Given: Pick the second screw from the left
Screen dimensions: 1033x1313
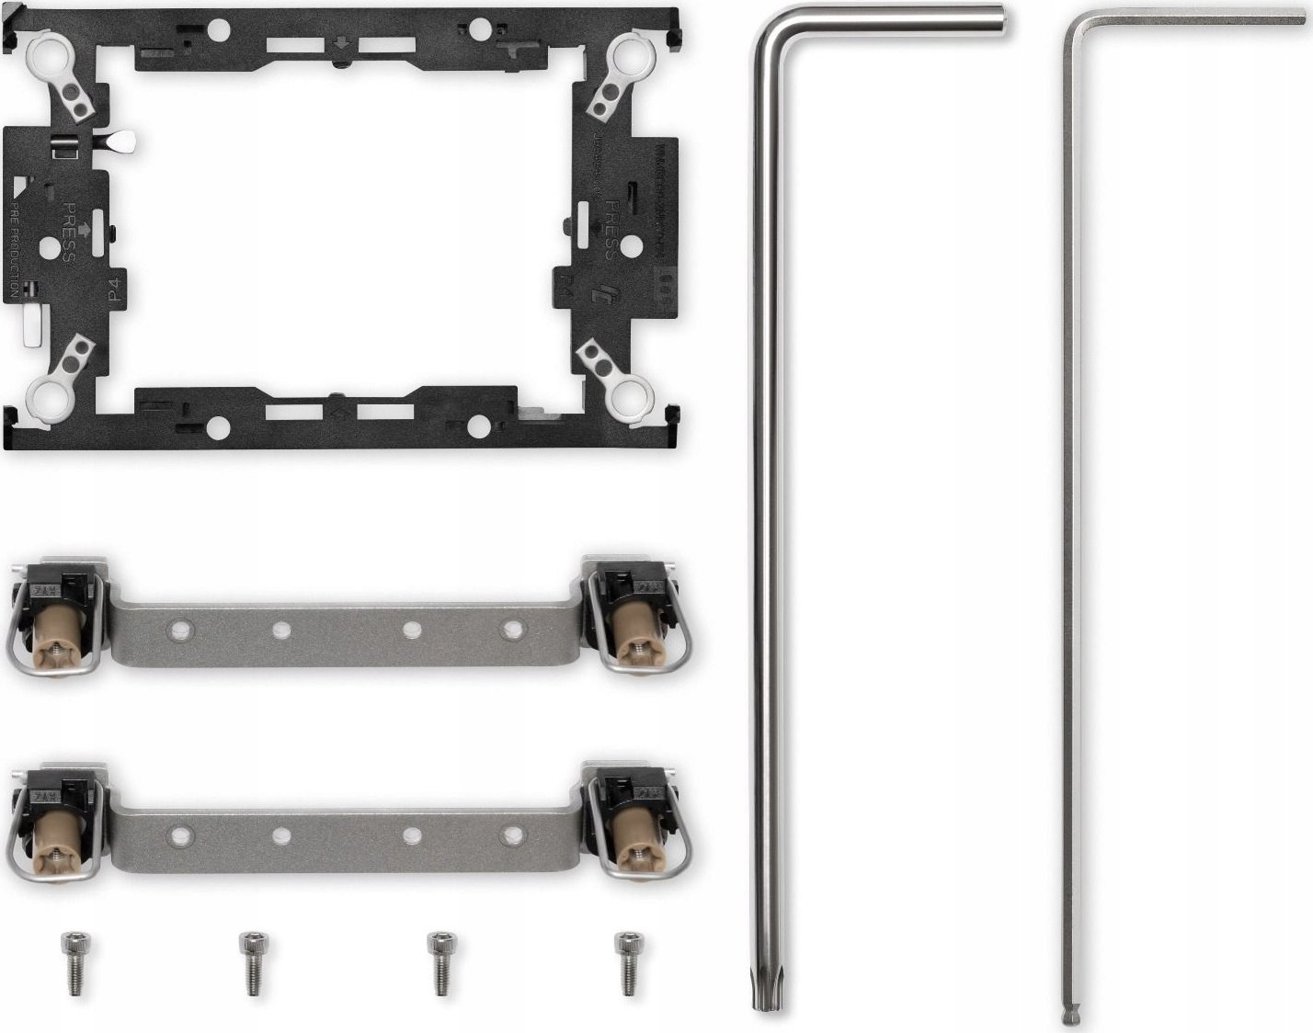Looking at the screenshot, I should [x=250, y=962].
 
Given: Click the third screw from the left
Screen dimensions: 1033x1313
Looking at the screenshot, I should [x=439, y=962].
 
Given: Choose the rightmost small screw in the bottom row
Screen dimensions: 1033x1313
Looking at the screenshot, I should [x=627, y=962].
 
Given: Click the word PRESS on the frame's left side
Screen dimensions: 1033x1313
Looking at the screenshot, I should [x=69, y=233].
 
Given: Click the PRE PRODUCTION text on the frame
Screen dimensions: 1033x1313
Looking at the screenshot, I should [x=14, y=257].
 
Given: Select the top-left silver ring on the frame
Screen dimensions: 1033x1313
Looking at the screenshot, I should [x=45, y=56].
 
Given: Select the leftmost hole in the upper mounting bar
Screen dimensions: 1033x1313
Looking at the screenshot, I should [x=181, y=630].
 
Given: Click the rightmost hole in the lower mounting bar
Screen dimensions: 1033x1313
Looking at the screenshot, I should [x=512, y=835].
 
